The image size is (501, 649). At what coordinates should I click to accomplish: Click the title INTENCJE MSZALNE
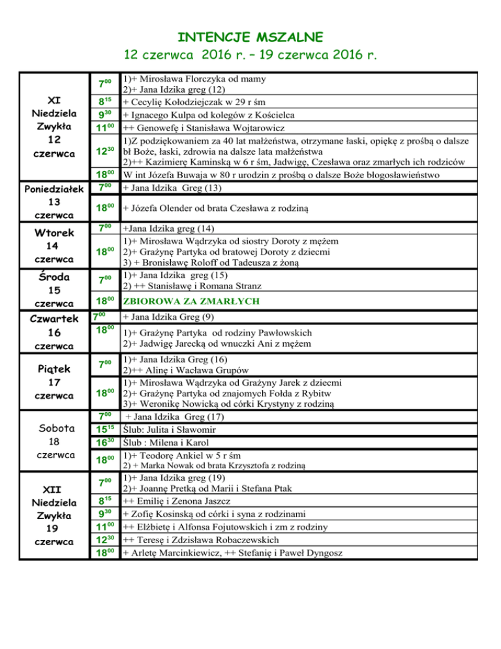[x=250, y=35]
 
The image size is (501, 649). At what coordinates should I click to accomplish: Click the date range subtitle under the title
[x=250, y=53]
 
